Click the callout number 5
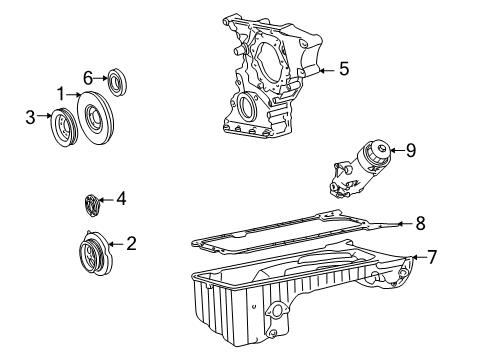click(344, 69)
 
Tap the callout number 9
click(411, 150)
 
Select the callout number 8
click(420, 223)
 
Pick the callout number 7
click(432, 257)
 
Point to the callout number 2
click(131, 243)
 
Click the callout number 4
click(121, 199)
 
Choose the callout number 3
click(30, 117)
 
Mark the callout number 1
click(61, 94)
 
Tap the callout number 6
click(88, 78)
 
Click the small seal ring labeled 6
click(118, 82)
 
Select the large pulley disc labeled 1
click(95, 118)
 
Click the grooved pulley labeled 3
click(64, 127)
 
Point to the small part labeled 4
click(92, 205)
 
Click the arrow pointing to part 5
click(327, 70)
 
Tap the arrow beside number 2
click(115, 244)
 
